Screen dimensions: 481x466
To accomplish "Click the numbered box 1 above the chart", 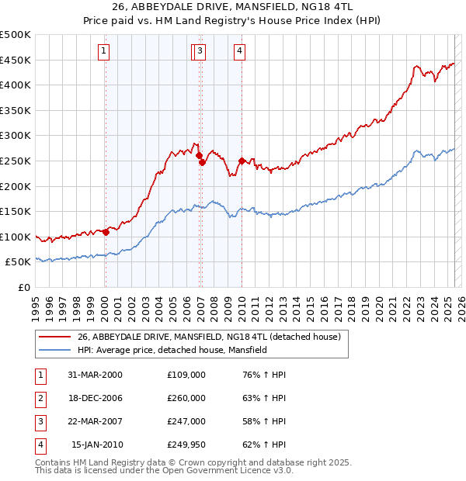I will pyautogui.click(x=103, y=52).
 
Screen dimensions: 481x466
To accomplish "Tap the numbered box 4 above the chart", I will pyautogui.click(x=240, y=52).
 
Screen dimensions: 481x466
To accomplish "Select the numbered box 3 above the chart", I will pyautogui.click(x=200, y=52).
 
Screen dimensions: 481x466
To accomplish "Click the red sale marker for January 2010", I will pyautogui.click(x=242, y=161).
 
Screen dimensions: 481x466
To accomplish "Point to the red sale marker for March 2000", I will pyautogui.click(x=106, y=232).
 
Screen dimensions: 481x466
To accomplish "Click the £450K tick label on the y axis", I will pyautogui.click(x=16, y=60).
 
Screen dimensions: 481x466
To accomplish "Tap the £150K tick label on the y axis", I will pyautogui.click(x=16, y=211).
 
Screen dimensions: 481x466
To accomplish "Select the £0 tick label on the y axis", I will pyautogui.click(x=23, y=287).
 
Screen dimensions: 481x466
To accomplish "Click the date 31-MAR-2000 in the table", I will pyautogui.click(x=96, y=375).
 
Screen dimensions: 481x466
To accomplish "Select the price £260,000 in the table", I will pyautogui.click(x=186, y=398).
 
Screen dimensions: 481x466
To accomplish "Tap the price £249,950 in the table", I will pyautogui.click(x=186, y=445).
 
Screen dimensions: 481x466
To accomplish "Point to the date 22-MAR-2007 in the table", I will pyautogui.click(x=96, y=421).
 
